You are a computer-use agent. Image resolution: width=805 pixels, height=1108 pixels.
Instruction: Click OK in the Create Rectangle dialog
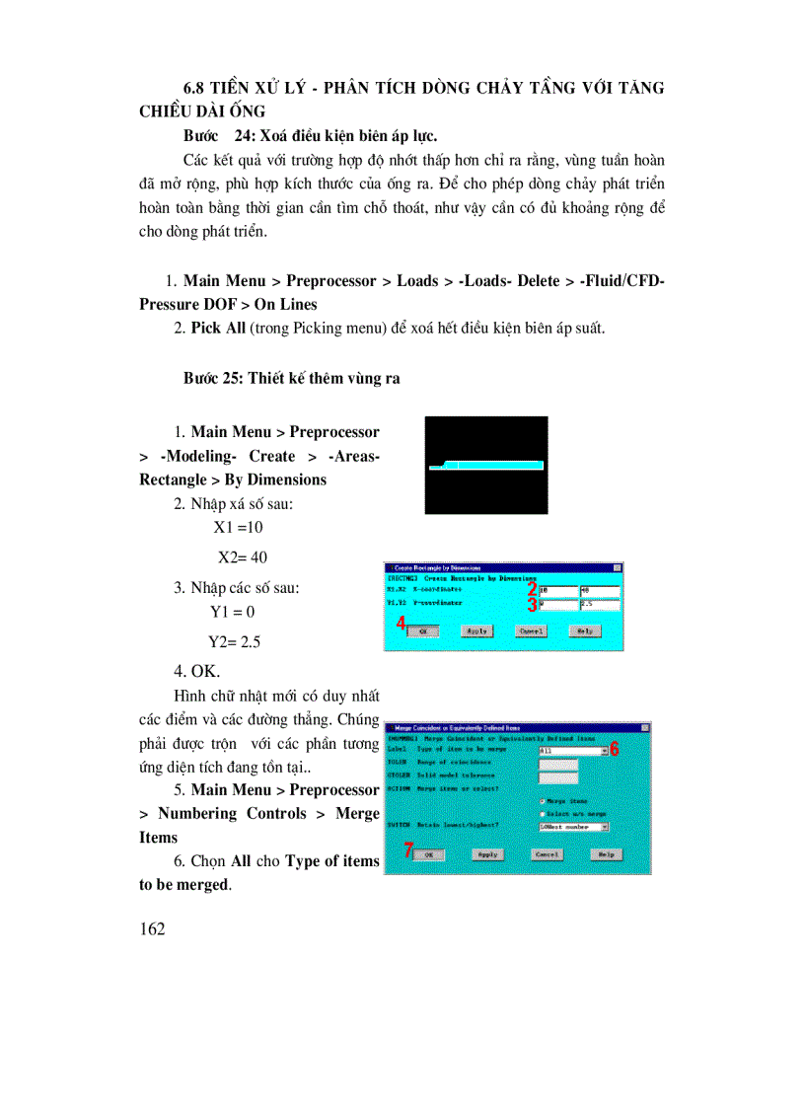pyautogui.click(x=423, y=630)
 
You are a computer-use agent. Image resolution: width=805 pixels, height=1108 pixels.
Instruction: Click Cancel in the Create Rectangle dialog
pyautogui.click(x=532, y=630)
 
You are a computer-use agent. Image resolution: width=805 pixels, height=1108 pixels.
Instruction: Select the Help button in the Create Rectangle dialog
pyautogui.click(x=585, y=630)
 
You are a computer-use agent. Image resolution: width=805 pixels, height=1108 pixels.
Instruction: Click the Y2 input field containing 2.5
pyautogui.click(x=598, y=605)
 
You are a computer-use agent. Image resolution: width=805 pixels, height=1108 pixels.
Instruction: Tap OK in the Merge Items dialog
pyautogui.click(x=428, y=854)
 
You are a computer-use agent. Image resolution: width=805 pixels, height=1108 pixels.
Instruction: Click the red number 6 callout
pyautogui.click(x=614, y=749)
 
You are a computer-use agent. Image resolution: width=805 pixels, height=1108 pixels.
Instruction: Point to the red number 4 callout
pyautogui.click(x=402, y=624)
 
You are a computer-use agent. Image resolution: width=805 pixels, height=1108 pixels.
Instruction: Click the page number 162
pyautogui.click(x=153, y=928)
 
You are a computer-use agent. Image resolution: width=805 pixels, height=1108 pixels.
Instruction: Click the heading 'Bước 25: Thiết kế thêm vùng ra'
pyautogui.click(x=291, y=378)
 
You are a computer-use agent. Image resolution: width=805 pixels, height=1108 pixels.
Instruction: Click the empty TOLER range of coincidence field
pyautogui.click(x=558, y=764)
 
